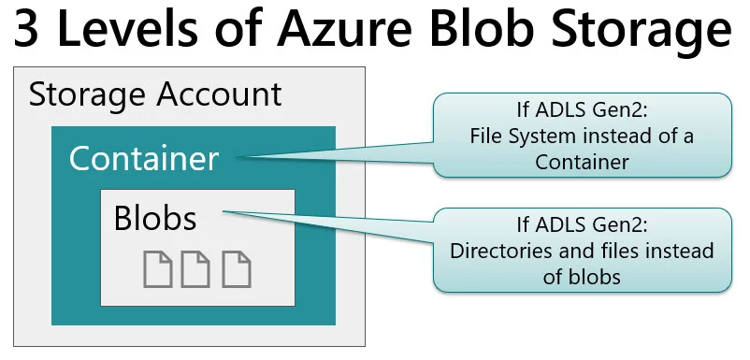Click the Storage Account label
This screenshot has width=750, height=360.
(155, 94)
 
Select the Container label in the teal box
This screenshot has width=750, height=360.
(144, 158)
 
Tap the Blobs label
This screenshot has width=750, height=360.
(155, 218)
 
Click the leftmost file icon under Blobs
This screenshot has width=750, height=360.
(157, 268)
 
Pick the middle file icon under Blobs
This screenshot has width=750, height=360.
(195, 268)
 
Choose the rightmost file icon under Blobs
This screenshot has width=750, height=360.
(235, 268)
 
